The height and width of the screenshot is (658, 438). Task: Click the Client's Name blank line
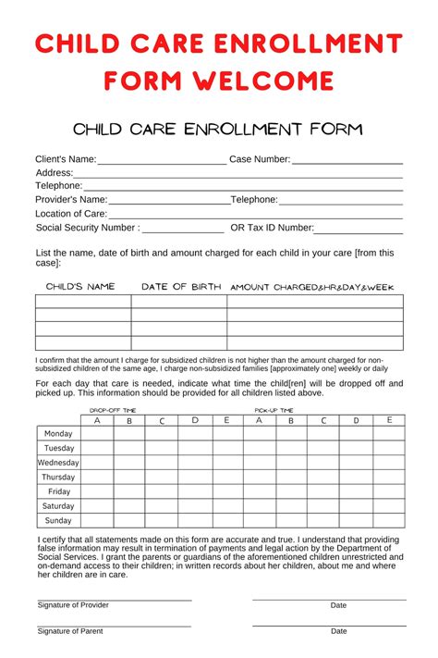[x=162, y=163]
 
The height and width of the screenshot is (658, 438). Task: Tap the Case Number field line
[x=347, y=163]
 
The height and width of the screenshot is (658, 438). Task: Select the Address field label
[x=54, y=173]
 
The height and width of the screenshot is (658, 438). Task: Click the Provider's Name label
[x=71, y=199]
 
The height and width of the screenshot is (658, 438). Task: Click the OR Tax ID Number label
[x=272, y=228]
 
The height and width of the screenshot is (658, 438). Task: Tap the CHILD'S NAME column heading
[x=80, y=287]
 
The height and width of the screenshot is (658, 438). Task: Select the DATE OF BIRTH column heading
[x=181, y=287]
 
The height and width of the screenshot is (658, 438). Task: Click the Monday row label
[x=58, y=433]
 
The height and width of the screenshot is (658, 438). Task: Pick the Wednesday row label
[x=58, y=462]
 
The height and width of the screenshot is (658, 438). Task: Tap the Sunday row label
[x=58, y=520]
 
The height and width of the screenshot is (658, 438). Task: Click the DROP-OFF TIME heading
[x=113, y=409]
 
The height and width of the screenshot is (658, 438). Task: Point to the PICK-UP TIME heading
[x=274, y=409]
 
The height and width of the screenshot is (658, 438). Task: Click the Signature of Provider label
[x=73, y=605]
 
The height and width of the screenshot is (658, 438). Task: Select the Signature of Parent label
[x=70, y=631]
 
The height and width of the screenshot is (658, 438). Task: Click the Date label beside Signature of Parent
[x=339, y=631]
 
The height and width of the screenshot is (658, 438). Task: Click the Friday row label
[x=58, y=491]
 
